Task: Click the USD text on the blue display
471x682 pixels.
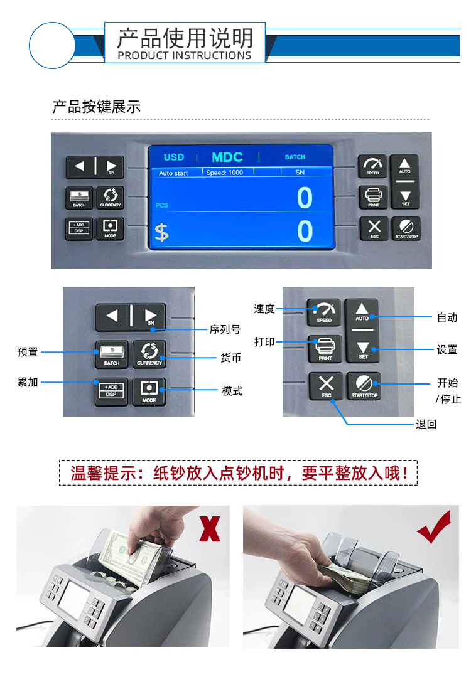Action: (174, 157)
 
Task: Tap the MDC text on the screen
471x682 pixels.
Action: (227, 157)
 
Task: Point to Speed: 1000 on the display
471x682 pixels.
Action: (225, 173)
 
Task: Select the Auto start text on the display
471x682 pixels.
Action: (173, 173)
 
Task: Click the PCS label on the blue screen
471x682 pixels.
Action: (161, 205)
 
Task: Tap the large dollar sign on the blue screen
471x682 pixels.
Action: (161, 232)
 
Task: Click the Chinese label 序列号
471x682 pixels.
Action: (225, 329)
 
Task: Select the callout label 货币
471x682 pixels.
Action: (230, 358)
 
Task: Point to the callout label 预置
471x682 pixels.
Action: (28, 353)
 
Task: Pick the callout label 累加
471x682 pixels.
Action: (28, 382)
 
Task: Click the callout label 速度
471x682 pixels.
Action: (264, 309)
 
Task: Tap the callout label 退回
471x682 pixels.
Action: (426, 424)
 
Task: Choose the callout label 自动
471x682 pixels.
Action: (447, 317)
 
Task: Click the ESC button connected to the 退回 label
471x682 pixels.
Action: (327, 385)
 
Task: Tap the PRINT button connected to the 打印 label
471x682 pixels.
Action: (325, 348)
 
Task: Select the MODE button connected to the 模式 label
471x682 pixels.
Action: (149, 391)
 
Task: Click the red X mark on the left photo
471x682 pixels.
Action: (210, 527)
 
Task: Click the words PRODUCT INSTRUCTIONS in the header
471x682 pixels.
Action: (185, 55)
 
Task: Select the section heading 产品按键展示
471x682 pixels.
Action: (96, 107)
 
